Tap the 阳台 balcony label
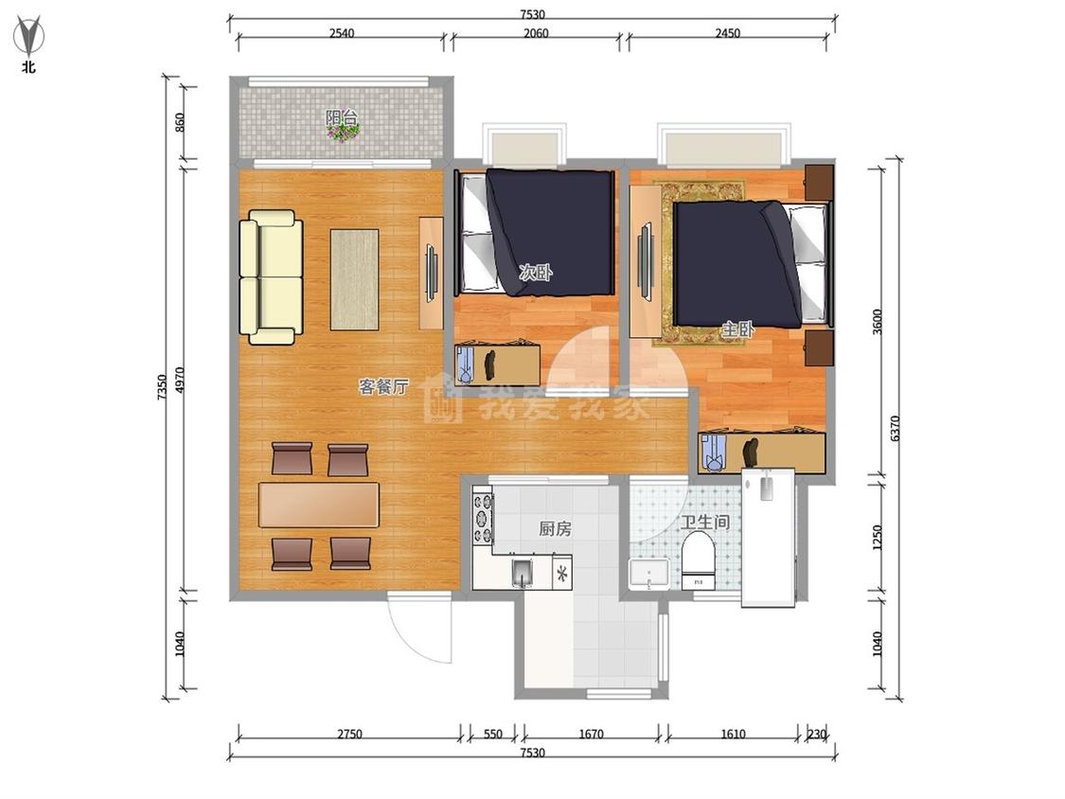342,116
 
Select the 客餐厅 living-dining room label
383,386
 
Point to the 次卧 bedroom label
536,273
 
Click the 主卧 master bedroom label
737,329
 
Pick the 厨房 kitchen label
555,528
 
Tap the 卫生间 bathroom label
705,522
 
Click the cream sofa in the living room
271,277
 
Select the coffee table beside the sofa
355,280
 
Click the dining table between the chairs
318,505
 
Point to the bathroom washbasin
649,574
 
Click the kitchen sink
522,573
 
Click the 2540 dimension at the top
342,32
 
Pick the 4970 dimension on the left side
179,381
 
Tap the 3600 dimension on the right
877,321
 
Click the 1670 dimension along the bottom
591,734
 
